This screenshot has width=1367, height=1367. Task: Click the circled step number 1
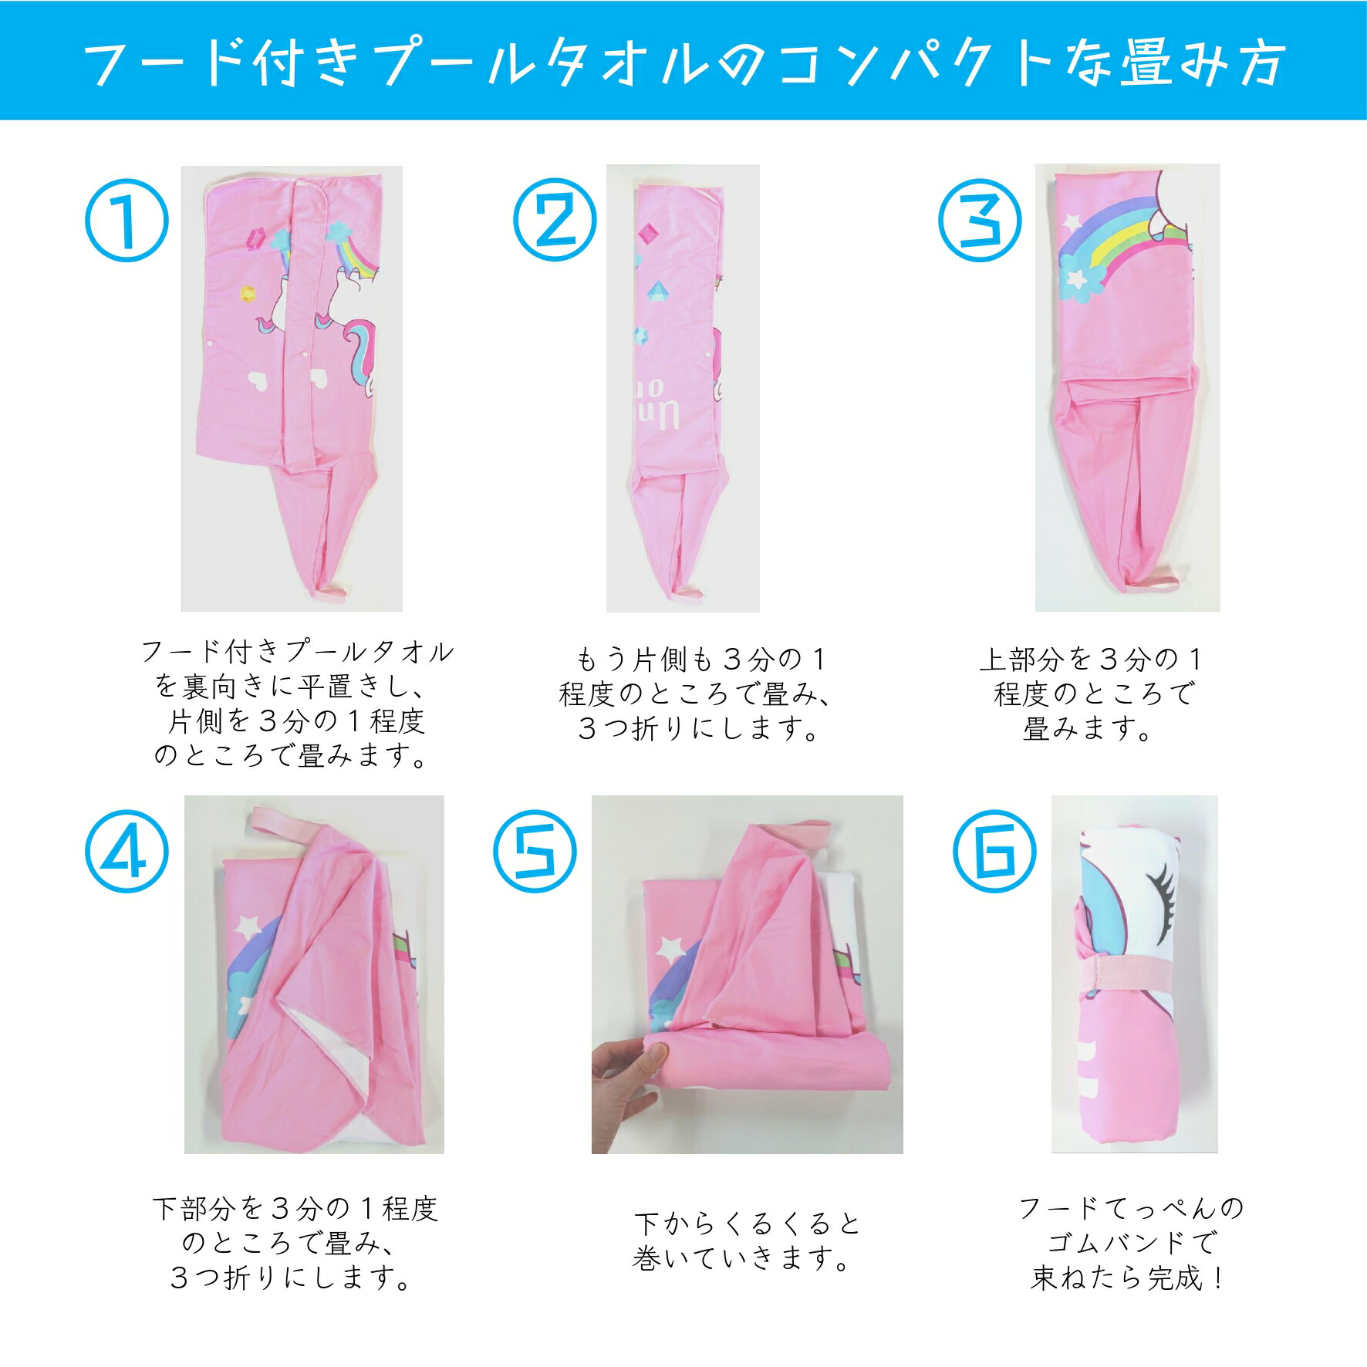pos(127,220)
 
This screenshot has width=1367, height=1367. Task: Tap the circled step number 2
pos(555,220)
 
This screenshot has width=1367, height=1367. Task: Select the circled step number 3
pos(980,220)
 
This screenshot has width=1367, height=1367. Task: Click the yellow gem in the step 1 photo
pos(247,292)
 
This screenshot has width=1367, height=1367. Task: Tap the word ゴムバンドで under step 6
pos(1132,1242)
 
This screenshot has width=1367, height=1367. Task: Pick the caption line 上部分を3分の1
pos(1091,659)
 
